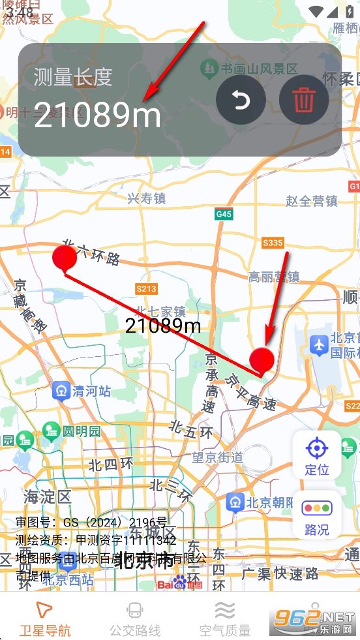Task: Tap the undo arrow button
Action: click(x=241, y=100)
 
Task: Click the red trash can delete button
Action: click(x=303, y=100)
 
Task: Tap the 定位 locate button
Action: click(x=317, y=456)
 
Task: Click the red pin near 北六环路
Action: click(x=65, y=259)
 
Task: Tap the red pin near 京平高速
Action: click(x=262, y=361)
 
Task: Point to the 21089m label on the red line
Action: click(x=163, y=326)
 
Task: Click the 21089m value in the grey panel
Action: click(x=97, y=115)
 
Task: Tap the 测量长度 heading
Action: click(x=73, y=77)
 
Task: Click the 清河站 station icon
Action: click(x=62, y=391)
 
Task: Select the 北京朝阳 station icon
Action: click(x=235, y=502)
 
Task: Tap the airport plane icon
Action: click(x=319, y=343)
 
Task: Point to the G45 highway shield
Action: click(x=224, y=214)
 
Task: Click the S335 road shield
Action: click(x=273, y=243)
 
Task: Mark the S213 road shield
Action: click(x=146, y=288)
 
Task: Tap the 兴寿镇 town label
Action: click(x=146, y=198)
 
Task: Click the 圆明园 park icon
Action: click(x=51, y=431)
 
